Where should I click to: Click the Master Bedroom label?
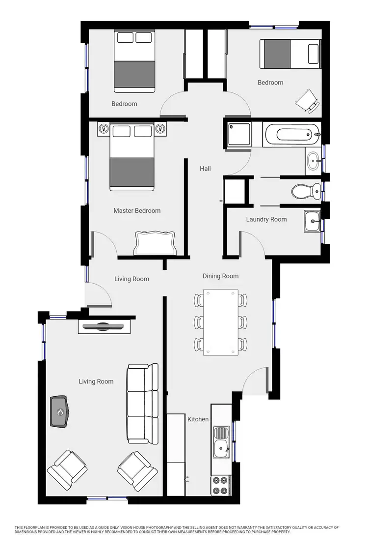(137, 211)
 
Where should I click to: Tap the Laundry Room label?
(266, 219)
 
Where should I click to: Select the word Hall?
(205, 169)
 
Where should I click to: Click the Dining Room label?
(221, 276)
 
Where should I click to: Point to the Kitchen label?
(198, 419)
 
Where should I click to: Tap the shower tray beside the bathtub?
(239, 134)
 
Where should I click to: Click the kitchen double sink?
(221, 441)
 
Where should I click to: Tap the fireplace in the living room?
(60, 411)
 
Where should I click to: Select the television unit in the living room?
(104, 326)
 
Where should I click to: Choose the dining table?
(221, 322)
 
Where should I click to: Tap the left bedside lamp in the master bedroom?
(104, 129)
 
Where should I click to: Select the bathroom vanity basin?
(313, 159)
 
